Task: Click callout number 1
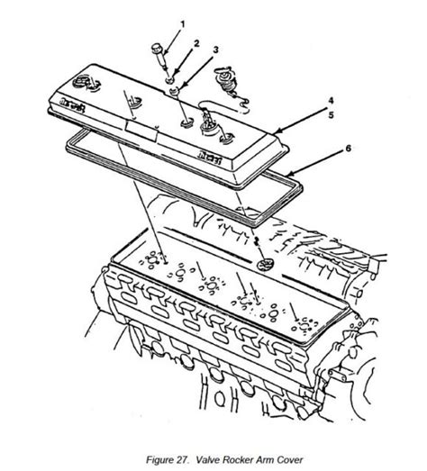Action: tap(182, 23)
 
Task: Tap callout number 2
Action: tap(196, 43)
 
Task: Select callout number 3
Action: tap(215, 50)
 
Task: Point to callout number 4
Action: tap(331, 101)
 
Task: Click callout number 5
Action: tap(331, 114)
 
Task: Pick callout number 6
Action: tap(348, 148)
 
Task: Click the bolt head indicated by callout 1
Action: tap(157, 48)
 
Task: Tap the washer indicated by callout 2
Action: tap(170, 79)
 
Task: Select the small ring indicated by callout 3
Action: tap(174, 90)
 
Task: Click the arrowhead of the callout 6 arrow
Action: tap(289, 175)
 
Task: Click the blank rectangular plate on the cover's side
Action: tap(141, 131)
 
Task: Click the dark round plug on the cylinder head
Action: tap(265, 265)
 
